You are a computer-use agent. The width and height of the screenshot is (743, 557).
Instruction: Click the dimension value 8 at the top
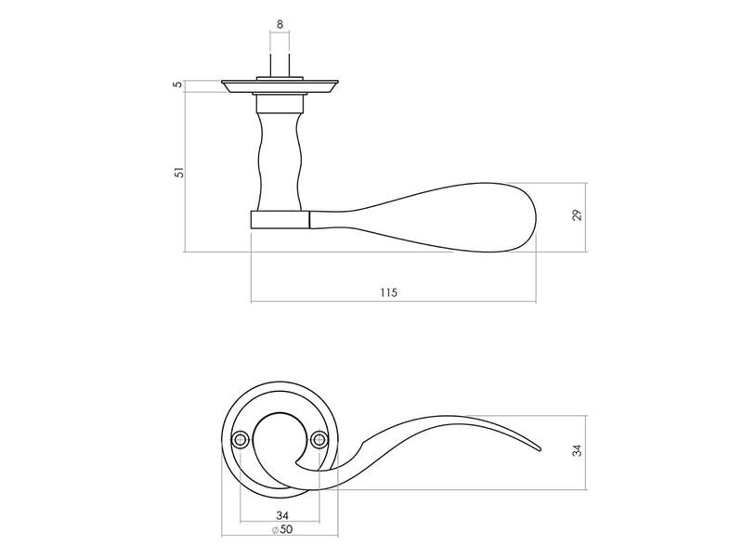280,24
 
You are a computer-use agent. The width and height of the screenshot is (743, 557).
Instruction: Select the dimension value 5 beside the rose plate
178,84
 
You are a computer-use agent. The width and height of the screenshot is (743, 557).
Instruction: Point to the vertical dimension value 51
178,173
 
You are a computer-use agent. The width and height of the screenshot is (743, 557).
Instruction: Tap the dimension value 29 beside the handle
577,215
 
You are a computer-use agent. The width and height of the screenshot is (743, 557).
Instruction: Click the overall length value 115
388,292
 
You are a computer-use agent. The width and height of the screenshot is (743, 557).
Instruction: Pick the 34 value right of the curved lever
577,450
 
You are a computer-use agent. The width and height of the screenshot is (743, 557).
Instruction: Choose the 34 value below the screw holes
282,515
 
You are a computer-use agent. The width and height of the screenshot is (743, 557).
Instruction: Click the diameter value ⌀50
282,529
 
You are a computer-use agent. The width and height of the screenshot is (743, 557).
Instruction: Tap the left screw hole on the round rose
241,440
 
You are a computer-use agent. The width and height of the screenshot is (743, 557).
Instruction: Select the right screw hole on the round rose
319,440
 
